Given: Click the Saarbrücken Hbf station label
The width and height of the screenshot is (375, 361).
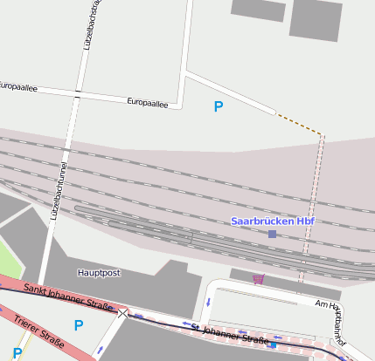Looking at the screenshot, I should (272, 221).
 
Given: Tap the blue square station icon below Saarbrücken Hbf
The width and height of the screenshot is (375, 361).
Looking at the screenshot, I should (273, 235).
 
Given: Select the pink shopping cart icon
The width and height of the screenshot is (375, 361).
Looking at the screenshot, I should (258, 279).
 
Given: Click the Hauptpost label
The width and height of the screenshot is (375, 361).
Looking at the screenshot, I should (99, 273).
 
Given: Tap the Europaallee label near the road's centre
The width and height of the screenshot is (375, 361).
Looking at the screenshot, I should (148, 102).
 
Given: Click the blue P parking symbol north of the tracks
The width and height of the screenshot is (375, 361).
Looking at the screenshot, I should (219, 107).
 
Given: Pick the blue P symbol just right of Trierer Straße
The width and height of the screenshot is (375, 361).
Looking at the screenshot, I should (79, 326).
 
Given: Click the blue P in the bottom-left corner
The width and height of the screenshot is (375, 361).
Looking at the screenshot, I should (17, 353).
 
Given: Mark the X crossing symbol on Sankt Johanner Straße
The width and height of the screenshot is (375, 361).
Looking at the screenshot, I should (122, 313).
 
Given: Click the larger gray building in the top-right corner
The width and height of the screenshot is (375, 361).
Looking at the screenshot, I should (315, 19).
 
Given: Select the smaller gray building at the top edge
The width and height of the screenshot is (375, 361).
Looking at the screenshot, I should (259, 9).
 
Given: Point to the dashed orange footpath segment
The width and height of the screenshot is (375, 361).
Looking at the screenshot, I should (300, 124).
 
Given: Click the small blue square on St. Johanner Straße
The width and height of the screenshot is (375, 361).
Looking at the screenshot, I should (273, 345).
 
